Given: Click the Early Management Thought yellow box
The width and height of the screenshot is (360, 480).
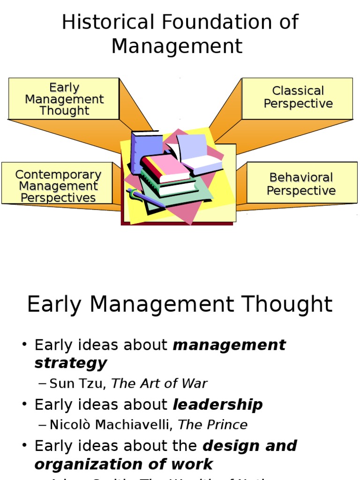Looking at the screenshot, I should pos(64,99).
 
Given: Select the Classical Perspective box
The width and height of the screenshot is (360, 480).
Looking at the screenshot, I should pos(297,97).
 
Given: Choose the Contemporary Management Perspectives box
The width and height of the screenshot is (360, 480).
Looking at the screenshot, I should pos(58,186).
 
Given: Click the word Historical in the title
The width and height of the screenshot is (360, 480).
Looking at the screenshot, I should pos(108,22).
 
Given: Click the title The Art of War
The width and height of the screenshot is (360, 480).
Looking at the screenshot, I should pos(159,383).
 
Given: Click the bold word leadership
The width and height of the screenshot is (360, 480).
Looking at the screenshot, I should pos(218,405).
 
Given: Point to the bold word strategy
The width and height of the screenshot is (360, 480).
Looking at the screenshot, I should pos(70,363).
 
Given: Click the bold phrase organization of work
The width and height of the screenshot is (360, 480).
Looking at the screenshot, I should pos(123,464).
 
